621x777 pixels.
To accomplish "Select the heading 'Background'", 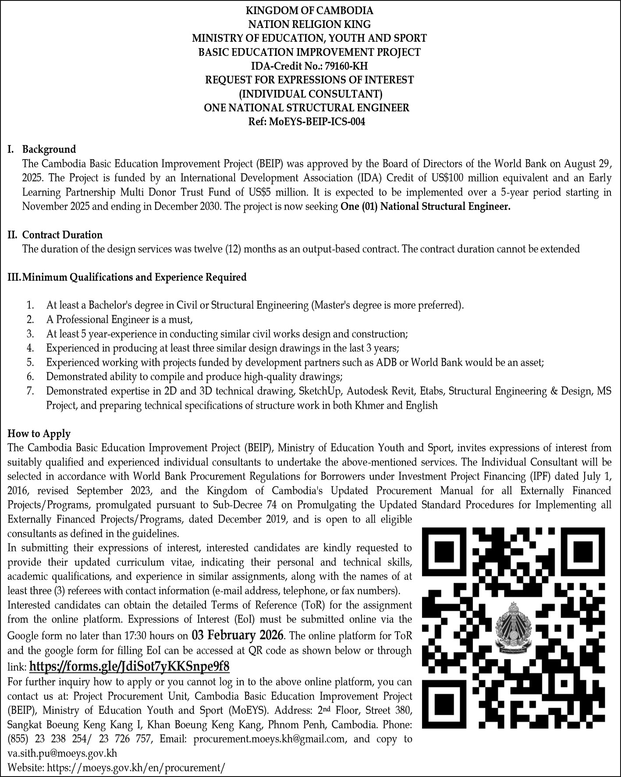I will click(49, 150).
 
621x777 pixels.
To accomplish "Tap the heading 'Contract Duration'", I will click(62, 235).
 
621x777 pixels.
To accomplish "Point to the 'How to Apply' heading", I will click(39, 434).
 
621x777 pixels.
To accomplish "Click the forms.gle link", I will click(129, 667).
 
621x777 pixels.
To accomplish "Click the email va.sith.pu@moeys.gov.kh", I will click(62, 753).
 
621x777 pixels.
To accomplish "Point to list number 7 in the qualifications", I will click(30, 391).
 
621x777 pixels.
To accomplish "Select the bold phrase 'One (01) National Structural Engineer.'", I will click(425, 207).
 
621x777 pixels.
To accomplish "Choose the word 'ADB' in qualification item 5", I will click(389, 363).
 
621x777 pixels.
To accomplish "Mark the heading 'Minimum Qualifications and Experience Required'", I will click(134, 277).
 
